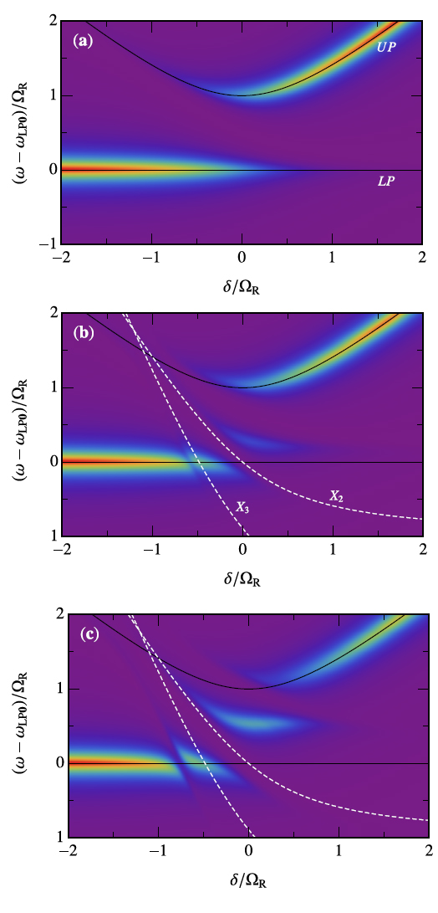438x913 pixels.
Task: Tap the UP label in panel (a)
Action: tap(385, 48)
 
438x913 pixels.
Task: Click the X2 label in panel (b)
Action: tap(336, 496)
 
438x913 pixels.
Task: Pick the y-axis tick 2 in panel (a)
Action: tap(52, 21)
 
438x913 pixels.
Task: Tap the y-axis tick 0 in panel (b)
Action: tap(52, 461)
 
